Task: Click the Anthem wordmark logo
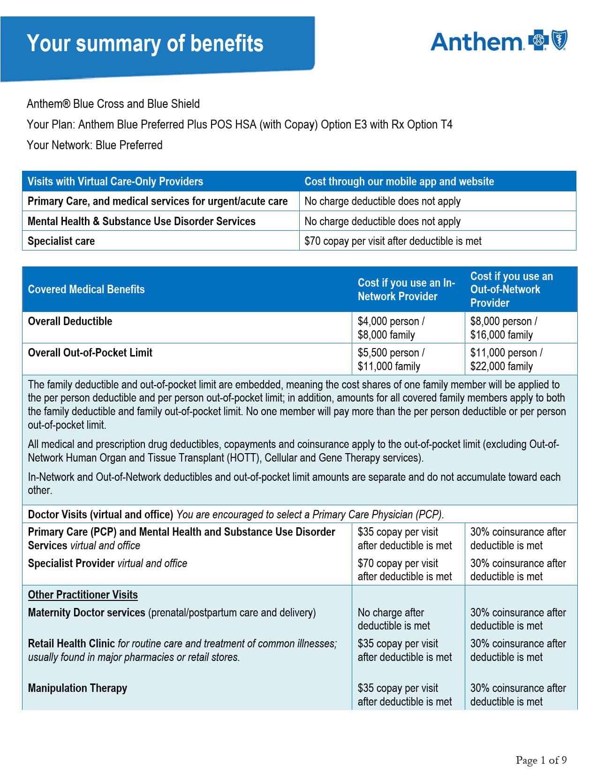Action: [x=477, y=42]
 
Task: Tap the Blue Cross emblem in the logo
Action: [x=538, y=40]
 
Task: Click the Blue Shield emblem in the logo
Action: [x=559, y=40]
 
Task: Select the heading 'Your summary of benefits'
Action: [x=145, y=44]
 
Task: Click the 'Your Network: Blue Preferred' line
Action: [x=95, y=145]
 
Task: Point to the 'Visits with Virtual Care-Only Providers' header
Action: [x=115, y=182]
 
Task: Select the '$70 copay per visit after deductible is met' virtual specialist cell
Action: [x=393, y=241]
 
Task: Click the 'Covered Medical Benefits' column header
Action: [x=86, y=289]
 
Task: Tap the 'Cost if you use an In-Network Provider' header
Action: [x=406, y=289]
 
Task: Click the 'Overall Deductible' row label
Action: [x=70, y=321]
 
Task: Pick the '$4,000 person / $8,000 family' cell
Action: [x=391, y=328]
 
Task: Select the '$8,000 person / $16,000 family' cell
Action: [x=504, y=328]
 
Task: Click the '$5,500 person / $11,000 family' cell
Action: [x=391, y=359]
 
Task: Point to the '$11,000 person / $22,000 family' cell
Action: [x=507, y=359]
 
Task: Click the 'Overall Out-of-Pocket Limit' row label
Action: [x=90, y=353]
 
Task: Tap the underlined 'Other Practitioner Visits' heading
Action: [x=83, y=595]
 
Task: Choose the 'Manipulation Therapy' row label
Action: [x=78, y=688]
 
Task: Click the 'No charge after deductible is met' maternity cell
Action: [x=394, y=619]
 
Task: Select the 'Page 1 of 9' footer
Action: [x=541, y=760]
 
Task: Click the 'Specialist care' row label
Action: [x=61, y=241]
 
